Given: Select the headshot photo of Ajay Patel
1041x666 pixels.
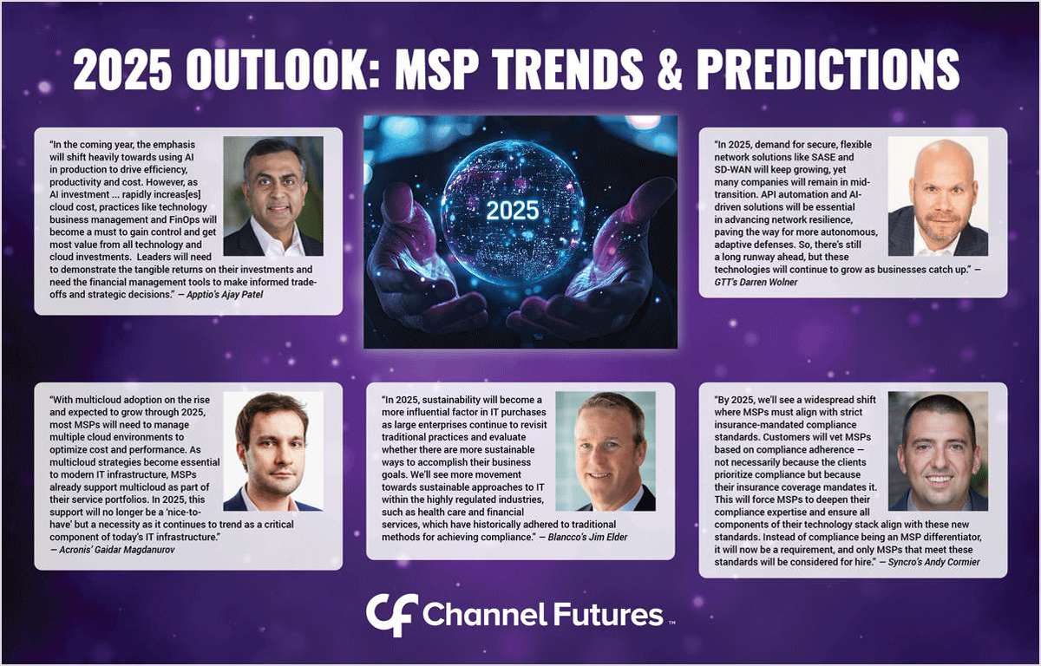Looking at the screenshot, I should [x=273, y=196].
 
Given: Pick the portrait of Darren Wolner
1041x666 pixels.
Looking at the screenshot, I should [x=938, y=196].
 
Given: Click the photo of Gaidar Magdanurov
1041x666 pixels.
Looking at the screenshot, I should [x=273, y=451].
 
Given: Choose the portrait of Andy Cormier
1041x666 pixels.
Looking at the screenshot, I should [x=938, y=451].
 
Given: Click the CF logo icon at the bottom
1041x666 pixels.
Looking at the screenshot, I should [x=391, y=615].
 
